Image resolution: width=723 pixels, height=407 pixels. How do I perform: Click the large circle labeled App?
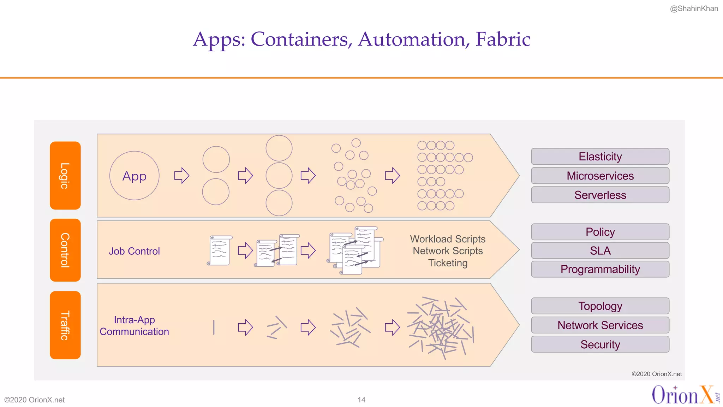[x=134, y=176]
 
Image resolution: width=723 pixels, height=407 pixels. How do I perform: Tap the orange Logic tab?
[x=65, y=176]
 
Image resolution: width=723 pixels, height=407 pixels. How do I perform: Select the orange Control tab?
[x=65, y=250]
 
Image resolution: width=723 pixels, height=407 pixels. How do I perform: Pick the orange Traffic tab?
[x=65, y=325]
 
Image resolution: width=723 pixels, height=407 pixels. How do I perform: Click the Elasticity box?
[x=600, y=157]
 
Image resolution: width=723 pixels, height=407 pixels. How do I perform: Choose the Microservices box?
[x=600, y=176]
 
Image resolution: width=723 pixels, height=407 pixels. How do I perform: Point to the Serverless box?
[x=600, y=195]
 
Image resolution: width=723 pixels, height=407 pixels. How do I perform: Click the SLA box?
[x=600, y=250]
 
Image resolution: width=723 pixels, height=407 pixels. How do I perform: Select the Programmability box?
[x=600, y=269]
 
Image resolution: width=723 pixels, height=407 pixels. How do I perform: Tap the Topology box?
[x=600, y=306]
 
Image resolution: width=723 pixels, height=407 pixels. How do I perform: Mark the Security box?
[x=600, y=344]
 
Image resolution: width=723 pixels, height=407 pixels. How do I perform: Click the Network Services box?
[x=600, y=325]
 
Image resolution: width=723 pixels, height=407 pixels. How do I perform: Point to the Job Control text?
[x=134, y=251]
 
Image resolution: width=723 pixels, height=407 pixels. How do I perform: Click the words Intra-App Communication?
[x=134, y=326]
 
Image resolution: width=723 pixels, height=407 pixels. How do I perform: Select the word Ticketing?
[x=448, y=263]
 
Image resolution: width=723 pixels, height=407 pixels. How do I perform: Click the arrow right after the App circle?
[x=182, y=175]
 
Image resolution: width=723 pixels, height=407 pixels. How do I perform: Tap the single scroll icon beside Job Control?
[x=219, y=250]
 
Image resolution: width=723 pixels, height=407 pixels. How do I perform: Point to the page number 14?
[x=361, y=400]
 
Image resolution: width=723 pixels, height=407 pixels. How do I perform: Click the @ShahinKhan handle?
[x=694, y=8]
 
